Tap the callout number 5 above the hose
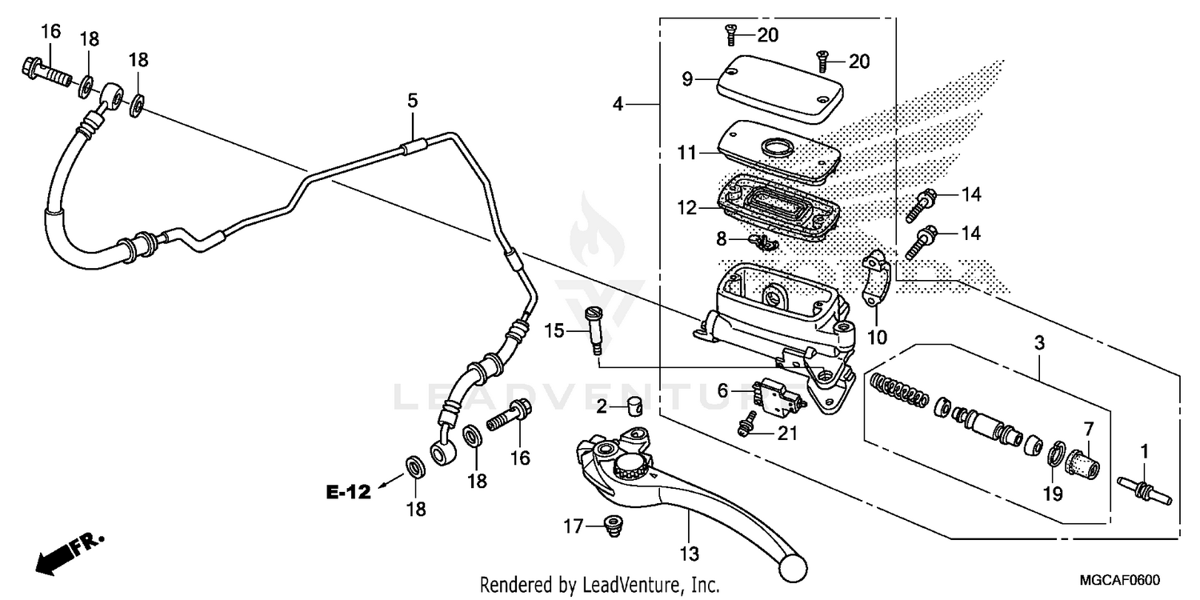412,102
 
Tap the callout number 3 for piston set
1038,344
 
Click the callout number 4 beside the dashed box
618,104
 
